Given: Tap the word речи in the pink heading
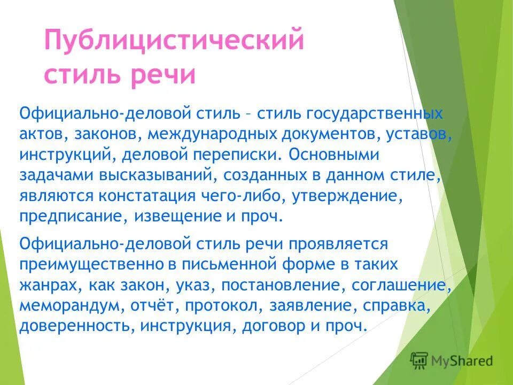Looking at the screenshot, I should [164, 75].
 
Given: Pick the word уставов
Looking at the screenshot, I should [418, 134].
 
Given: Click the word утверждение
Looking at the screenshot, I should [346, 196].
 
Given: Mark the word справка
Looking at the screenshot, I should [410, 305].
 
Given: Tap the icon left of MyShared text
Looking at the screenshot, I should [419, 359].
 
